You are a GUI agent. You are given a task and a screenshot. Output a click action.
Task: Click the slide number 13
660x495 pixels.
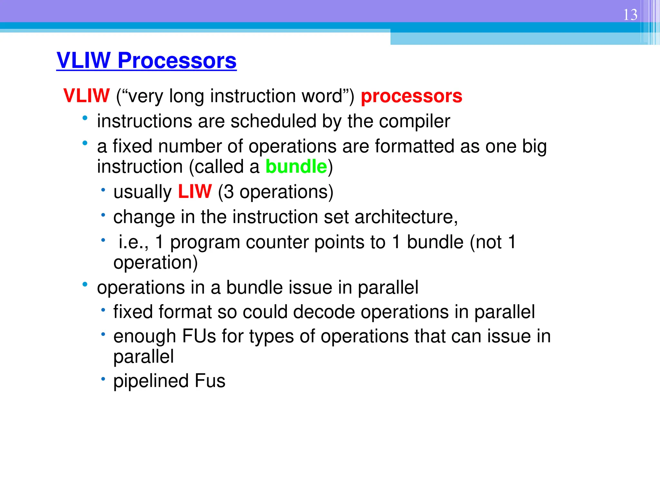630,15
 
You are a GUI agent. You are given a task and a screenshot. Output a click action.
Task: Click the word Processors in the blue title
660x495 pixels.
177,61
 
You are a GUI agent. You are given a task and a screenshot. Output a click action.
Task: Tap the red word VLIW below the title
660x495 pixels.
86,96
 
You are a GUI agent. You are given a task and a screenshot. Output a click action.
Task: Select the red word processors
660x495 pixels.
411,96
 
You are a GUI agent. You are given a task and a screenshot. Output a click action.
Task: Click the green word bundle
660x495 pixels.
296,167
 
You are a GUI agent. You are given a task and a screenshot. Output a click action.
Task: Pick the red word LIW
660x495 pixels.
195,191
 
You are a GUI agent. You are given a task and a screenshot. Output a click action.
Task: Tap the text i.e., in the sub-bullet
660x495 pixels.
133,242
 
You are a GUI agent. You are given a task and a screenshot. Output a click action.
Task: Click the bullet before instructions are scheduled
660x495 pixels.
85,118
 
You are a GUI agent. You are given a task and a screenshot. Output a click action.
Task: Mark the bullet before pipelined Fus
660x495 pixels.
103,379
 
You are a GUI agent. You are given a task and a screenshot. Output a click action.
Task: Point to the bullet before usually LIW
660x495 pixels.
103,190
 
